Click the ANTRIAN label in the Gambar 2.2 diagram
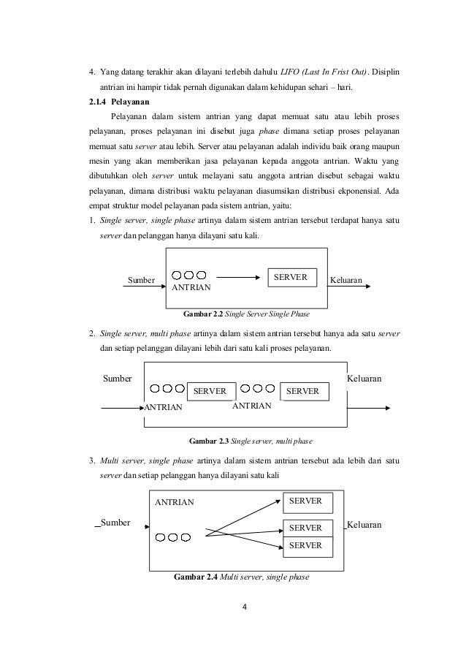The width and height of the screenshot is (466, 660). point(191,289)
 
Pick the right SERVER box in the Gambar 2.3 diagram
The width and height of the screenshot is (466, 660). point(303,392)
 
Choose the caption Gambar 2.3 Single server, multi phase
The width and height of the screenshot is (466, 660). point(241,441)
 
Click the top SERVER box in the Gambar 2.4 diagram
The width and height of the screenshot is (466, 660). point(306,502)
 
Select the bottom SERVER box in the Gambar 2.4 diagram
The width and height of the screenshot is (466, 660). point(306,546)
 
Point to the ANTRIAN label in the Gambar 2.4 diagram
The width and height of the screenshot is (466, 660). point(175,502)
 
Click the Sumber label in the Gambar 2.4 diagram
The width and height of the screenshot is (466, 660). point(115,523)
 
